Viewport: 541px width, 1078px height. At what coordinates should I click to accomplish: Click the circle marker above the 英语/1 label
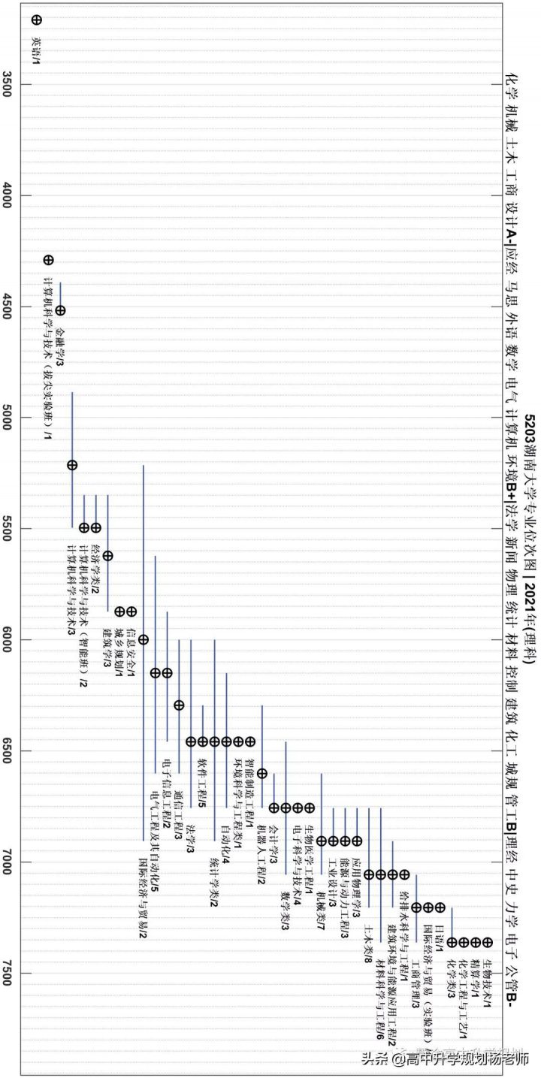(37, 20)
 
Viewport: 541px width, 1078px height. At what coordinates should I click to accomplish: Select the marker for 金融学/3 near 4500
(60, 310)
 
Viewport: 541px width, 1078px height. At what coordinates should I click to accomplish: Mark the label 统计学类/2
(215, 876)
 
